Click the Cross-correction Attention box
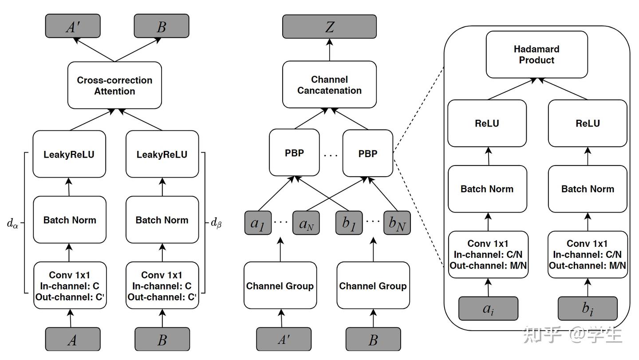[x=114, y=85]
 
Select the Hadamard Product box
[x=536, y=55]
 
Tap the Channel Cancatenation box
[x=329, y=84]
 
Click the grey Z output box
[x=329, y=27]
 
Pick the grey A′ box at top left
[x=73, y=26]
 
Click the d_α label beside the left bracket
[x=13, y=223]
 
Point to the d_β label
[x=216, y=223]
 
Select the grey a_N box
[x=306, y=223]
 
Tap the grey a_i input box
[x=488, y=309]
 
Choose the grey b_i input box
[x=588, y=309]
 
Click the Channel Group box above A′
[x=280, y=285]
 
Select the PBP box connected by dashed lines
[x=367, y=153]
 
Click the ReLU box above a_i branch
[x=487, y=123]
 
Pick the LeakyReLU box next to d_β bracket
[x=162, y=154]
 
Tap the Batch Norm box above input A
[x=70, y=220]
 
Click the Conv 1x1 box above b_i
[x=588, y=254]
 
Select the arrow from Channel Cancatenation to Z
[x=329, y=50]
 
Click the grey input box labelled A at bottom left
[x=73, y=340]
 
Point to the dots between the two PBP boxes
[x=331, y=155]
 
